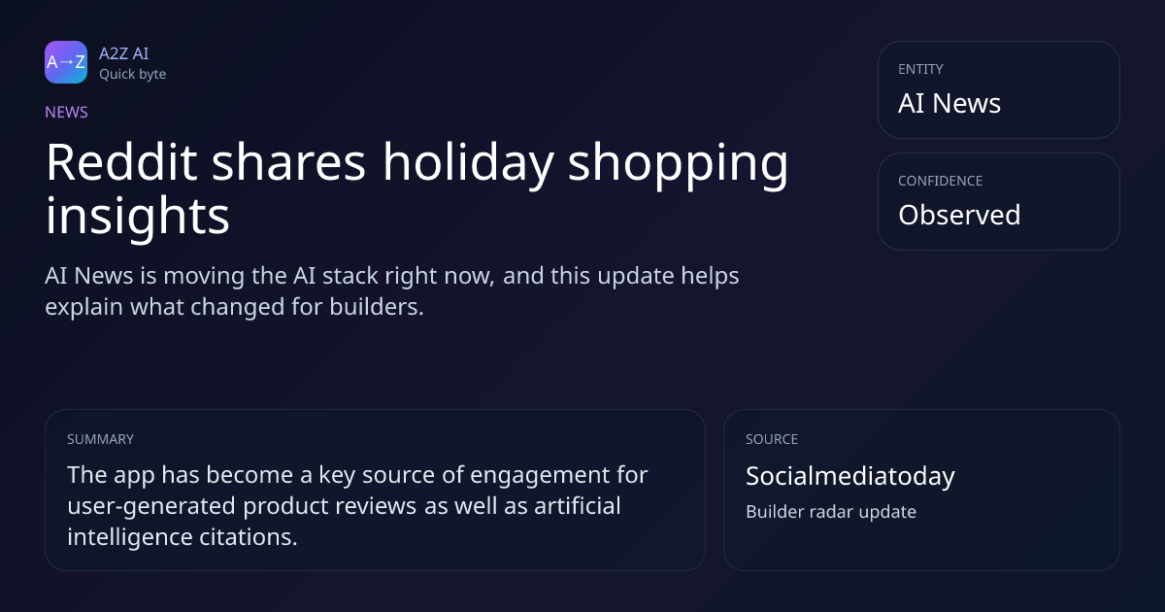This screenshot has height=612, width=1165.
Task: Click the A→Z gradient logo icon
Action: pos(66,62)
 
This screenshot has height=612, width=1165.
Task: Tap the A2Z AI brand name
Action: pos(124,53)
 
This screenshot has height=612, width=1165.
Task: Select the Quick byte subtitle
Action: pos(133,75)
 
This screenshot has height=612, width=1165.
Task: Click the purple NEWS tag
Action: pos(67,113)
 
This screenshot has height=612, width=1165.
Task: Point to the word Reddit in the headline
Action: pos(121,162)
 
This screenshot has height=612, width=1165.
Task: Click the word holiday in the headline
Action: pos(468,165)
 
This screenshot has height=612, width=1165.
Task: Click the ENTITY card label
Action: pos(920,69)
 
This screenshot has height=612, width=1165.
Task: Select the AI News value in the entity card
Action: pos(949,103)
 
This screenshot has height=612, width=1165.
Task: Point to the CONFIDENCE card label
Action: pos(941,181)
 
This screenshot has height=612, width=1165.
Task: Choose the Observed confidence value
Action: pos(959,215)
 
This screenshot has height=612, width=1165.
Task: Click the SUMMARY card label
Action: pos(100,440)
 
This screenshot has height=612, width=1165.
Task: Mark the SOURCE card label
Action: pos(772,440)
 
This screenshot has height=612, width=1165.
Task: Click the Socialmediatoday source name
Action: pos(850,477)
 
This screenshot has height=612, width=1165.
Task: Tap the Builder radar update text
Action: pos(831,512)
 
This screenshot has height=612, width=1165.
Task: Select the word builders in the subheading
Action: pos(377,307)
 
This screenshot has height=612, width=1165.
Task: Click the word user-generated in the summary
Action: pos(151,507)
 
